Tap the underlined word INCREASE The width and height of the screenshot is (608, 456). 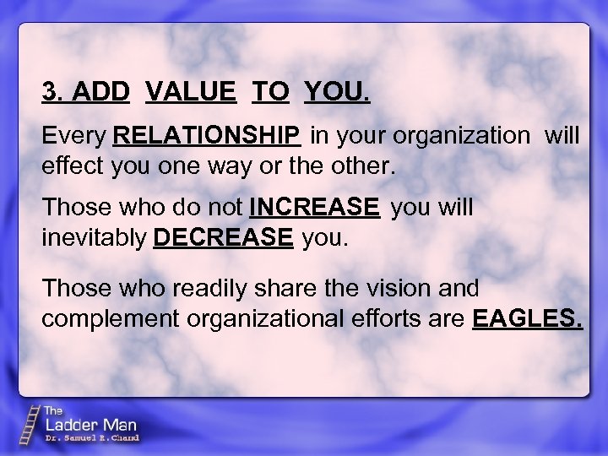pos(315,207)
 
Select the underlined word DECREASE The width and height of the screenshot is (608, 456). pos(224,238)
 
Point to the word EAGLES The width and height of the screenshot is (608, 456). pos(529,319)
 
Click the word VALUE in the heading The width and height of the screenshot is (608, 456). pos(191,91)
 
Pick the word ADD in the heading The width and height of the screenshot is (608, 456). pos(101,91)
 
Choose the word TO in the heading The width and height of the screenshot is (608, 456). pos(270,91)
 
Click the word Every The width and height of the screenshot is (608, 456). pos(74,135)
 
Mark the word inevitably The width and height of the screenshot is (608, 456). pos(94,238)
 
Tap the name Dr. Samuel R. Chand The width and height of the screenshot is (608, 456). pos(91,438)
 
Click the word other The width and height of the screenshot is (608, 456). pos(363,166)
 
